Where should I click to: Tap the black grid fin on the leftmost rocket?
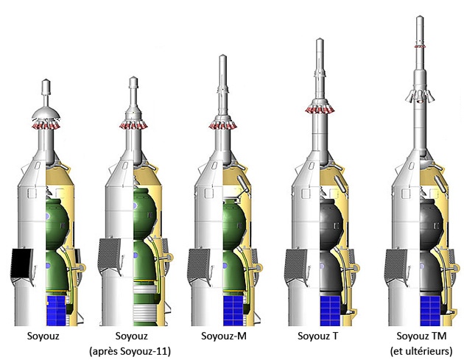click(22, 266)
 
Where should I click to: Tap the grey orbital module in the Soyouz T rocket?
click(332, 221)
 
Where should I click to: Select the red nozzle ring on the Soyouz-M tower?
click(224, 126)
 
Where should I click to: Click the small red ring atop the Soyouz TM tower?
click(419, 46)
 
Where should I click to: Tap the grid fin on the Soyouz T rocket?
click(296, 263)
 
